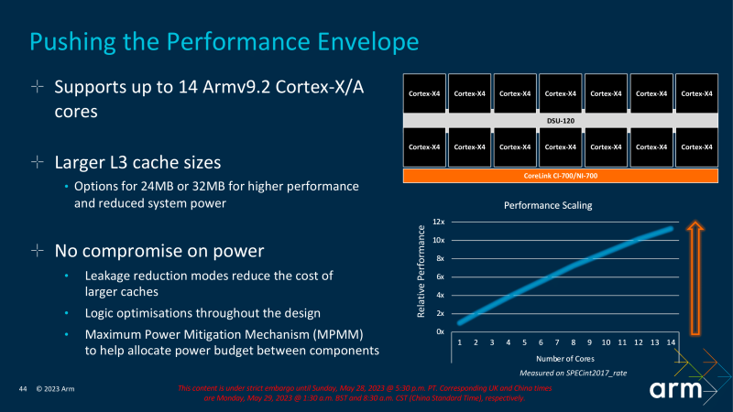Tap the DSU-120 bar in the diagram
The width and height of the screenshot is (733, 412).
coord(561,120)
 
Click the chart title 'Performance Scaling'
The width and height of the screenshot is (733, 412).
coord(548,206)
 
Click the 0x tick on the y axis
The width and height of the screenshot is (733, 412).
coord(440,331)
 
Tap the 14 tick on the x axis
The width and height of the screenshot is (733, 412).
coord(671,342)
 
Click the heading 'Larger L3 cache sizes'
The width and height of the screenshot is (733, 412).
coord(137,163)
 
